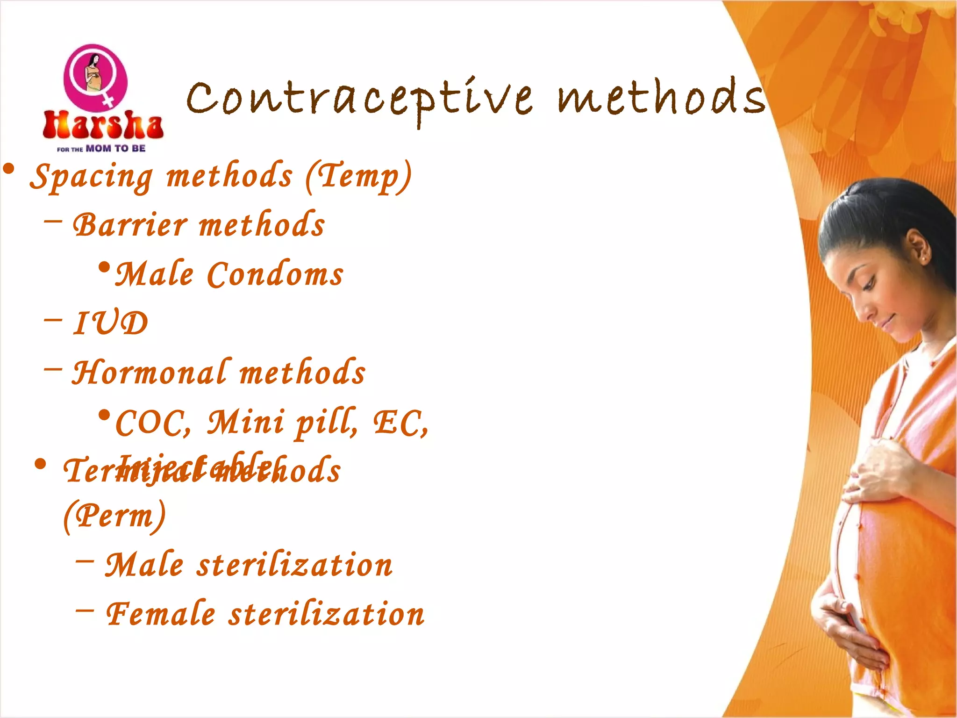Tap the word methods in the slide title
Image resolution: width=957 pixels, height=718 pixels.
(x=662, y=97)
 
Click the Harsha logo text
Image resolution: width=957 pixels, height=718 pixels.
(x=103, y=125)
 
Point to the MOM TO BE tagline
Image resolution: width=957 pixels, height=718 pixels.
(x=115, y=149)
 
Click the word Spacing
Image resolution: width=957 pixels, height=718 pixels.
(x=92, y=177)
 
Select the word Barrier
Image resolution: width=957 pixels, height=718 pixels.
(x=130, y=225)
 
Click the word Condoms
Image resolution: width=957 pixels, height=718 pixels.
(x=275, y=274)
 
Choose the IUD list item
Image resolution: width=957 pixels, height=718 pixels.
(x=111, y=323)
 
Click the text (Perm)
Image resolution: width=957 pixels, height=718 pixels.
(x=115, y=516)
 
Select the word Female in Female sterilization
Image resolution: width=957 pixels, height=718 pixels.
(x=161, y=614)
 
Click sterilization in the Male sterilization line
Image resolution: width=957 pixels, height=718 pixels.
(x=294, y=565)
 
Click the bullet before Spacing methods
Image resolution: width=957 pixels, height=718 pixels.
(x=8, y=169)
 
